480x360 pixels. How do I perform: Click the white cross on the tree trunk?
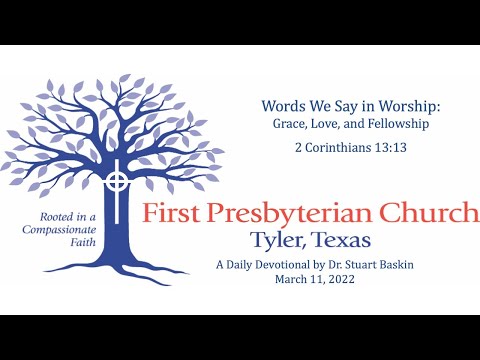pyautogui.click(x=118, y=183)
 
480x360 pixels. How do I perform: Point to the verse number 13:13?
pyautogui.click(x=363, y=147)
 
